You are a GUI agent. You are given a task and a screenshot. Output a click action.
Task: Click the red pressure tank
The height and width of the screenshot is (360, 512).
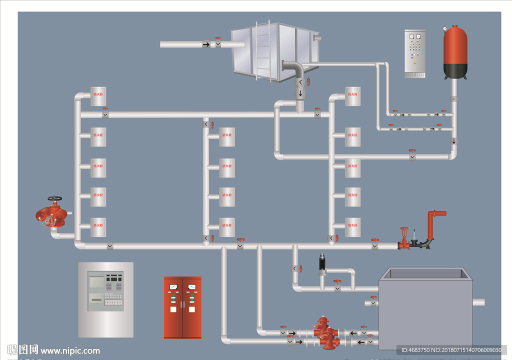click(x=455, y=52)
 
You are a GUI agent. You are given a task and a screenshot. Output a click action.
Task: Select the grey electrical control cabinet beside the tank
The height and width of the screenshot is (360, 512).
click(x=414, y=54)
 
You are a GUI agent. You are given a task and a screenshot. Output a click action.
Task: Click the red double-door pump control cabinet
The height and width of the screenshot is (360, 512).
click(x=182, y=307)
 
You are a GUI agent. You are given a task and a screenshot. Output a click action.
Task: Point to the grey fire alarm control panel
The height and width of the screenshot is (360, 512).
click(x=106, y=299)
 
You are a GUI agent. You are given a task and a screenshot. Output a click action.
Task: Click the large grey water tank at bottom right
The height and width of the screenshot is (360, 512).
click(x=425, y=310)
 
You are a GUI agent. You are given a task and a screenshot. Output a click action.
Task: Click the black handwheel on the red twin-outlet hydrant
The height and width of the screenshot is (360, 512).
click(x=53, y=198)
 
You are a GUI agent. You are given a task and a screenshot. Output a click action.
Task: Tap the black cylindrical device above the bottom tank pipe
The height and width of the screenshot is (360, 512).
click(x=322, y=263)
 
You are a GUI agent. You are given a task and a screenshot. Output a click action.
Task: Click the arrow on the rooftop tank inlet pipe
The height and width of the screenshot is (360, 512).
click(x=206, y=44)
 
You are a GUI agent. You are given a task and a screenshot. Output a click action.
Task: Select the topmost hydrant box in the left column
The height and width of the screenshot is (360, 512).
click(x=98, y=96)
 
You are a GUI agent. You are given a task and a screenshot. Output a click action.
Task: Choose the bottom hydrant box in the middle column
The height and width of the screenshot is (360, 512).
click(x=227, y=226)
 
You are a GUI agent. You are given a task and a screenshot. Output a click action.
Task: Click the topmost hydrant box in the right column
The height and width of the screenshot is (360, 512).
click(x=352, y=96)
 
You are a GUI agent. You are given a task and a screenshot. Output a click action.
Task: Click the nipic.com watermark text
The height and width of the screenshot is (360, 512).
click(x=70, y=350)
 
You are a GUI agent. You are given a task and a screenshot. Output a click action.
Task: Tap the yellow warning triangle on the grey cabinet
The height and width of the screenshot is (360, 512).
click(x=414, y=64)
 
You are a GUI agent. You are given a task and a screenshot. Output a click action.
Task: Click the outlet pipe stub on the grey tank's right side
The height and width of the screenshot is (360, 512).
click(x=478, y=301)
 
